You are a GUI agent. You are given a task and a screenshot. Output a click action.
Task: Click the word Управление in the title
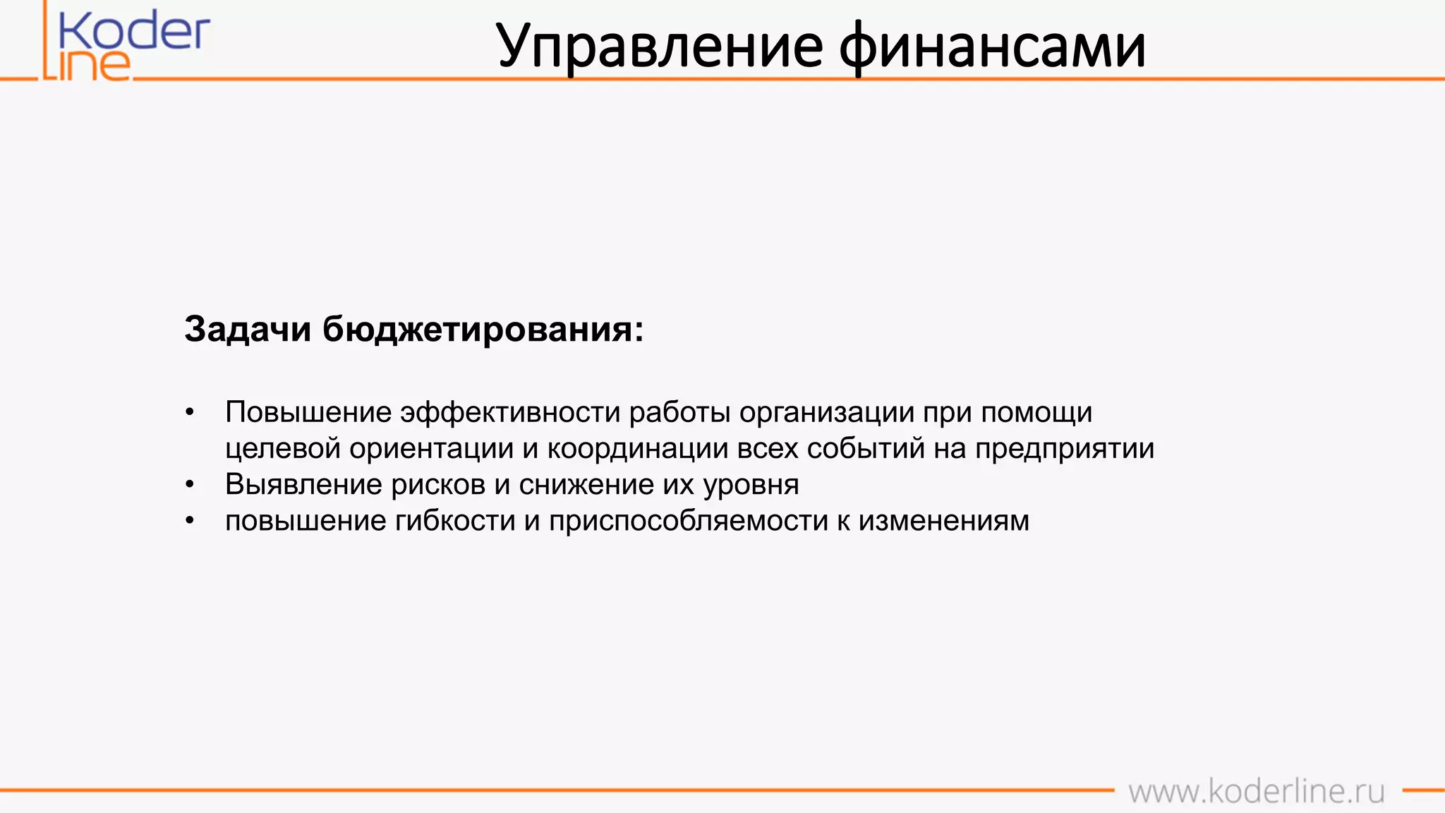tap(660, 47)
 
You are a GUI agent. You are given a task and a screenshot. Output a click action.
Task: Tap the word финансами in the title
tap(992, 47)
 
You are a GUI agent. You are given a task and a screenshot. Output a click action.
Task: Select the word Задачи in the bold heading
tap(248, 330)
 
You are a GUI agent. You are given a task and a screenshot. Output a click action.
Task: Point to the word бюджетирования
tap(483, 330)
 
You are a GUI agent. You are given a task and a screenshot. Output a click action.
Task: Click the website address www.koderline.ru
tap(1256, 791)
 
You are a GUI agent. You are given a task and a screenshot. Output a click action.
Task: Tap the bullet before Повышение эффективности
tap(189, 413)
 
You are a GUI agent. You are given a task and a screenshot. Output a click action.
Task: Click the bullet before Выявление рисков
tap(189, 485)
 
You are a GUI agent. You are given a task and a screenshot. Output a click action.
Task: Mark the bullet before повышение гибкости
tap(189, 521)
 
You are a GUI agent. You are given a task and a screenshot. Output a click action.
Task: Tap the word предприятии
tap(1065, 449)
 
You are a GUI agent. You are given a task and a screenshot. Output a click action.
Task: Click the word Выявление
tap(304, 485)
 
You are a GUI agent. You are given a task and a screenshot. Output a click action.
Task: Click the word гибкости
tap(455, 521)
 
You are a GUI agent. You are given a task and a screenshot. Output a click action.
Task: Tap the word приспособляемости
tap(689, 521)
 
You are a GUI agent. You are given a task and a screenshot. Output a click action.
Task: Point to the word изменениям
tap(943, 521)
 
